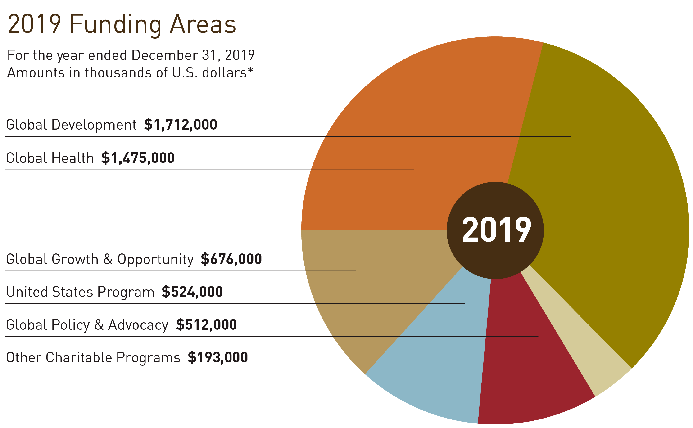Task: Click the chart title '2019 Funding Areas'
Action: pos(122,24)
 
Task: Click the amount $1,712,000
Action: pos(180,125)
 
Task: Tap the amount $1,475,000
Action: pos(138,158)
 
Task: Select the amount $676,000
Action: pos(231,259)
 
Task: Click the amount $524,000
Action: pos(192,292)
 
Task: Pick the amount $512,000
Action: pos(206,325)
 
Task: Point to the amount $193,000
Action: pos(218,357)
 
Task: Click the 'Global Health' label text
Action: pos(50,158)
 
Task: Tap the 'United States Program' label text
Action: pos(80,292)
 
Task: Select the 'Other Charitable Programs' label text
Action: pos(93,357)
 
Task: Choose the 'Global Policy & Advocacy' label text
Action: pos(87,325)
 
